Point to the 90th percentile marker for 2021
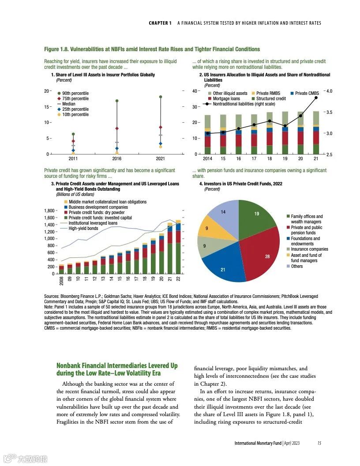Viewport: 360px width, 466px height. (x=161, y=97)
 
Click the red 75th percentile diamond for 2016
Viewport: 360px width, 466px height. (x=117, y=128)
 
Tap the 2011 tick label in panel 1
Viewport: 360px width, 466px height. (x=73, y=158)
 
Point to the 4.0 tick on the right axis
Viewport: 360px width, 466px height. (x=332, y=91)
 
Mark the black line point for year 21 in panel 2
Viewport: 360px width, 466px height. (x=316, y=98)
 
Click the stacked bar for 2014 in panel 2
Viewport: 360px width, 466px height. (x=207, y=135)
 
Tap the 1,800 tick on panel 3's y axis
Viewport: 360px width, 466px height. (x=49, y=211)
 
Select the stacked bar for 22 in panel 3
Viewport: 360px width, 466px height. (x=178, y=247)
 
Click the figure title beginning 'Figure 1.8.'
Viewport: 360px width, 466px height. (x=152, y=49)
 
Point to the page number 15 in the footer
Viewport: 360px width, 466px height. (x=319, y=443)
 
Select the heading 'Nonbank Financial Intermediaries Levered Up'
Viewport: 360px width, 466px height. (x=117, y=366)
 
